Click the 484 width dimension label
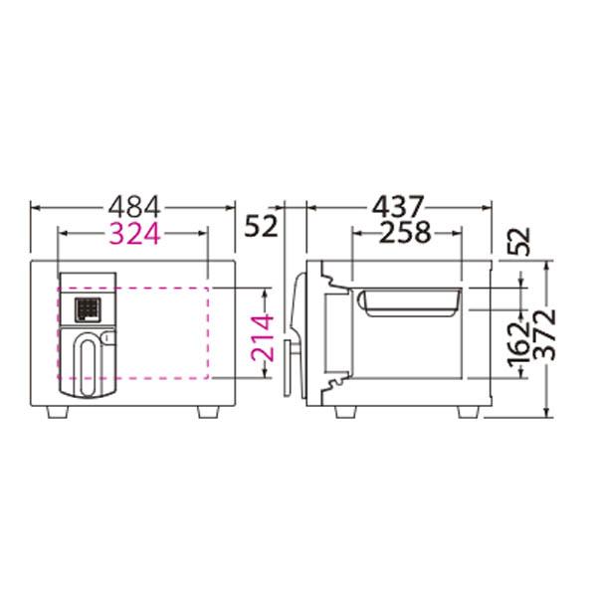[x=134, y=208]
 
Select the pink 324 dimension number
[x=134, y=234]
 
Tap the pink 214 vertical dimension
[x=263, y=337]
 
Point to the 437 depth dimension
[x=398, y=208]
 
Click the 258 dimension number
[x=406, y=232]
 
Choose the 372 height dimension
[x=544, y=334]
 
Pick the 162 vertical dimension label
[x=520, y=342]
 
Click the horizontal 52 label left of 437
[x=261, y=226]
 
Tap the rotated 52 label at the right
[x=519, y=242]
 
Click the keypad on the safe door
[x=88, y=309]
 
